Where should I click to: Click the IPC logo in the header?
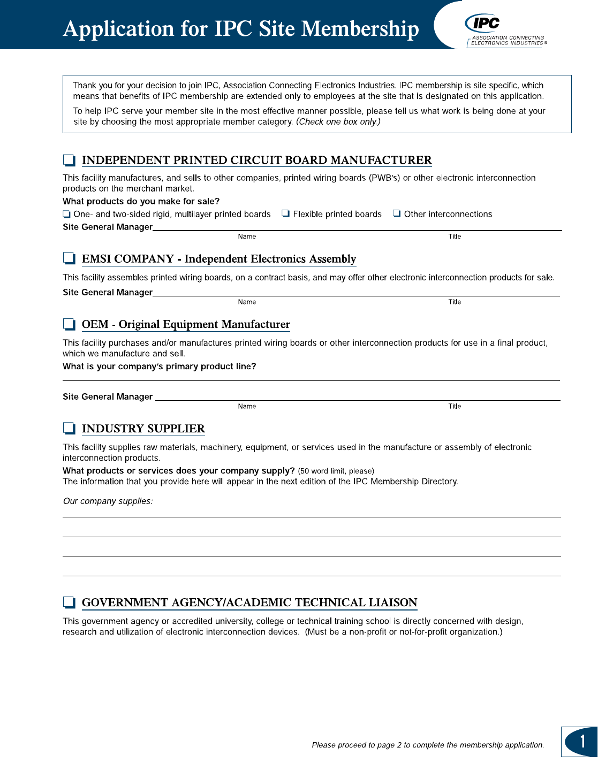coord(483,24)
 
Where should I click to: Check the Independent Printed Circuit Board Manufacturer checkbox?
coord(69,160)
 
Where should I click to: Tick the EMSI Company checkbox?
coord(69,258)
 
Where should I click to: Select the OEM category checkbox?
coord(69,324)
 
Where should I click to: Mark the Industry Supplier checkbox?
coord(69,428)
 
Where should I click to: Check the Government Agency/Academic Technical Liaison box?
coord(69,602)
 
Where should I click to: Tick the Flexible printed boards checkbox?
coord(286,213)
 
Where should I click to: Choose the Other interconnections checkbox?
coord(397,213)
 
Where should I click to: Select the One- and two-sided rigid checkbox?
coord(66,214)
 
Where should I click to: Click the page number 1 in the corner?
coord(582,742)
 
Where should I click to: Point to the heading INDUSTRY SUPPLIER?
coord(143,429)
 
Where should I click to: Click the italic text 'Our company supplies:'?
coord(108,501)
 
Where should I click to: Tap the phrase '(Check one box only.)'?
coord(338,121)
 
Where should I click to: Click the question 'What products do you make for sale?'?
coord(141,201)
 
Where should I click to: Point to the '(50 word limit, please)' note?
coord(336,471)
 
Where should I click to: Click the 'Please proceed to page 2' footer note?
coord(428,745)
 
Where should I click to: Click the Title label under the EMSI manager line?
coord(455,302)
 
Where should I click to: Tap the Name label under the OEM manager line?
coord(247,406)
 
